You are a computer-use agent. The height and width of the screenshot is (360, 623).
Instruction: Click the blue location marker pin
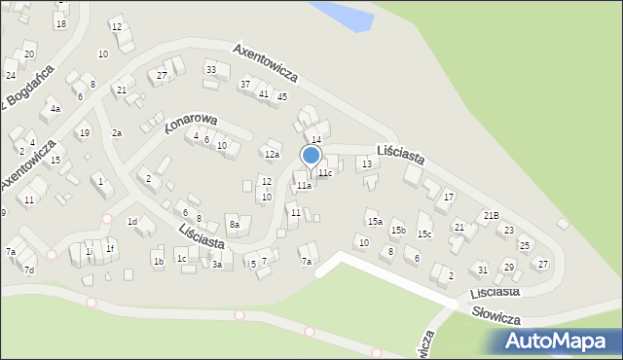tap(311, 157)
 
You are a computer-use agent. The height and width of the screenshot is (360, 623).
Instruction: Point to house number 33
tap(210, 69)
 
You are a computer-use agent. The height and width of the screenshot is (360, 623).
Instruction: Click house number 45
tap(281, 96)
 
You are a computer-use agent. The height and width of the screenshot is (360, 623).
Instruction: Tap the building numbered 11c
tap(325, 172)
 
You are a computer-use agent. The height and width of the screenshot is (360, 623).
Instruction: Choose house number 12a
tap(272, 154)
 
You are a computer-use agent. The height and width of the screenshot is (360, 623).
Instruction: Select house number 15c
tap(424, 234)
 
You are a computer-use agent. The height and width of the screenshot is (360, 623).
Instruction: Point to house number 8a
tap(234, 225)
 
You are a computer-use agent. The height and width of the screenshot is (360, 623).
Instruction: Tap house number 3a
tap(218, 264)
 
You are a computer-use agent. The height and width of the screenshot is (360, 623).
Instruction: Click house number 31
tap(482, 270)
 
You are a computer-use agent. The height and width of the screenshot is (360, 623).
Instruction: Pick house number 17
tap(448, 198)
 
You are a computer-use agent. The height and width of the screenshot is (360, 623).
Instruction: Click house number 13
tap(366, 163)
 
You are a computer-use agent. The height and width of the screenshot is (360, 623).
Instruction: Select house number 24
tap(11, 75)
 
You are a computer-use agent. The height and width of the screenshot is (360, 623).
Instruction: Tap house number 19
tap(84, 133)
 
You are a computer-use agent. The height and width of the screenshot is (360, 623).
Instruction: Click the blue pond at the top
tap(343, 14)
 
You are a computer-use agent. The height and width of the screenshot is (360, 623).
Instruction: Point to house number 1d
tap(132, 222)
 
